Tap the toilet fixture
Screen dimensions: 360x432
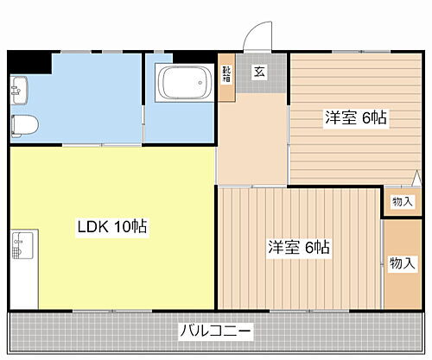(x=22, y=123)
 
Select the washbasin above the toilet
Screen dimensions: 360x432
(x=20, y=87)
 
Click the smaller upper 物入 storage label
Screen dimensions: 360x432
(x=402, y=201)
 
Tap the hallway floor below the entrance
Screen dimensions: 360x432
(x=251, y=138)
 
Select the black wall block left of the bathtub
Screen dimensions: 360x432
(x=149, y=59)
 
